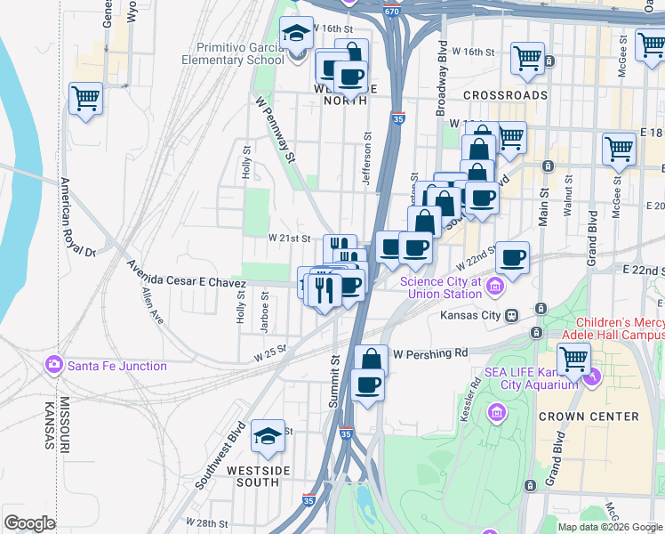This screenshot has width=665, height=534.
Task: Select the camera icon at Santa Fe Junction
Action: click(x=53, y=365)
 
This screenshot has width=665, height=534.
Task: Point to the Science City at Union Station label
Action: click(x=440, y=287)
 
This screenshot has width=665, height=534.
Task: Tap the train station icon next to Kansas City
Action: click(x=511, y=316)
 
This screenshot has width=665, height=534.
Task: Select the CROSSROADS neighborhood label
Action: click(x=505, y=95)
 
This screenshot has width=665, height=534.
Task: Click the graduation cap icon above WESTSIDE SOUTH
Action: click(x=268, y=436)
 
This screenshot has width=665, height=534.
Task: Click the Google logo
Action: click(x=29, y=523)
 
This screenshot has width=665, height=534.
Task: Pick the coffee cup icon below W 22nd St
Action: click(x=513, y=258)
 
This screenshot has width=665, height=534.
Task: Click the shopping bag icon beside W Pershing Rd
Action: click(x=371, y=360)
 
